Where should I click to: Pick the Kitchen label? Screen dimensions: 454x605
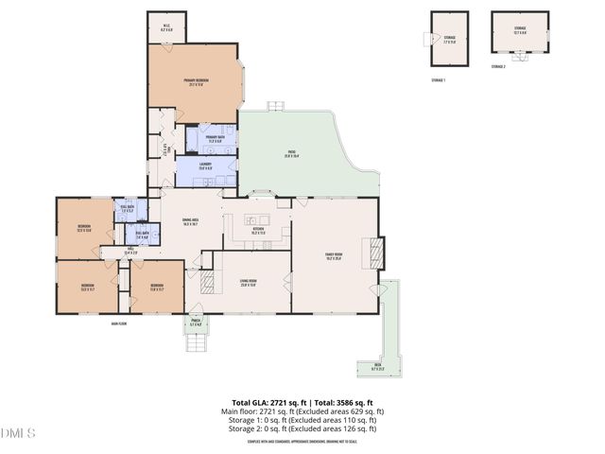point(257,230)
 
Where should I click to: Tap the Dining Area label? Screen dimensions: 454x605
point(196,223)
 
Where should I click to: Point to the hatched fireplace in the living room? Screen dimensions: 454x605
point(207,281)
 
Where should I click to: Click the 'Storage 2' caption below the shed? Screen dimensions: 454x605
point(498,67)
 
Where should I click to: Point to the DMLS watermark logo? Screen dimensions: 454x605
point(18,434)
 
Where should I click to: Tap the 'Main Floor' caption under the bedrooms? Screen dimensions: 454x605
point(118,323)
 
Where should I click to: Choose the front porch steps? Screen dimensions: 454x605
point(196,341)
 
